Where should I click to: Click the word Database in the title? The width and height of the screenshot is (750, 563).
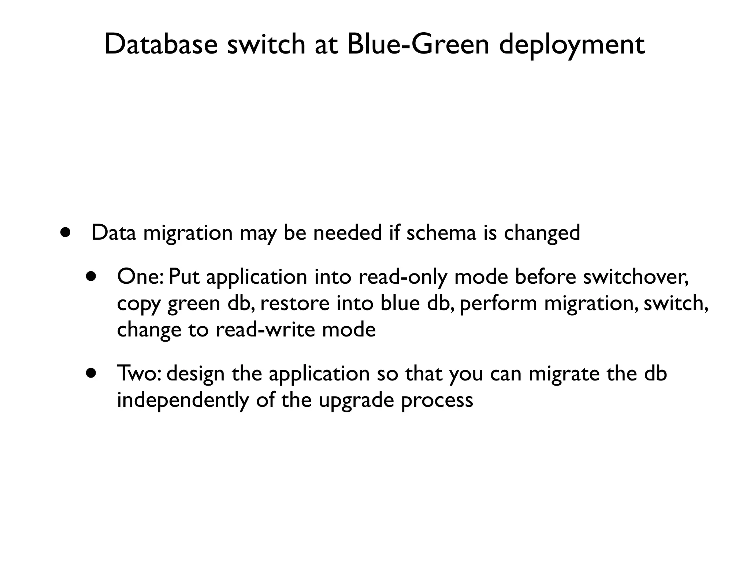161,44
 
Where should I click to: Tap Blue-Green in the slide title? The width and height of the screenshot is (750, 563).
418,44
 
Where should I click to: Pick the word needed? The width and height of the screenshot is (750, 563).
347,232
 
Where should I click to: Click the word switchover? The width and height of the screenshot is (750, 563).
635,277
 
